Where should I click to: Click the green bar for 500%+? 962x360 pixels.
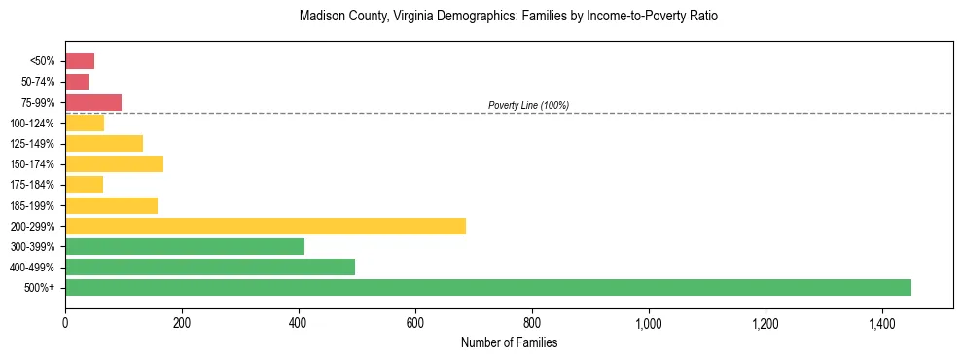(x=488, y=287)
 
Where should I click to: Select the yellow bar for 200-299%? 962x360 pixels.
(x=266, y=226)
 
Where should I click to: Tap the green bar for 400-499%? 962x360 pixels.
(x=210, y=267)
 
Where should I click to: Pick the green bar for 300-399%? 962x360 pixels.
(x=185, y=246)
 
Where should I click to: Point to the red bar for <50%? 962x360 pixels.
(x=80, y=61)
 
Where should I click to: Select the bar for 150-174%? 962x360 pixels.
(x=114, y=163)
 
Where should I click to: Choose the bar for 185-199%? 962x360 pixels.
(x=111, y=205)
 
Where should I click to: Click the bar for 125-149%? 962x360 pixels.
(x=104, y=143)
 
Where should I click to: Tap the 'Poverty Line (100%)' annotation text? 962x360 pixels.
(x=528, y=105)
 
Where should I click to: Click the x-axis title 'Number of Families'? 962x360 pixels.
(x=509, y=343)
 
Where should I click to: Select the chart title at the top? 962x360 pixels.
(x=509, y=17)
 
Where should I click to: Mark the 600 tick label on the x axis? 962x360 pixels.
(x=415, y=322)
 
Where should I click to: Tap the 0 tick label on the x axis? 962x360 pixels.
(x=65, y=322)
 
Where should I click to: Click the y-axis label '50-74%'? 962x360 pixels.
(x=39, y=82)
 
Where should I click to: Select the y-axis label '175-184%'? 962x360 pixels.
(x=34, y=185)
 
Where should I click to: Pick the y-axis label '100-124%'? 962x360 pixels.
(x=34, y=123)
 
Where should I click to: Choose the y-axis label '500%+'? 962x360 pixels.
(x=40, y=288)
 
